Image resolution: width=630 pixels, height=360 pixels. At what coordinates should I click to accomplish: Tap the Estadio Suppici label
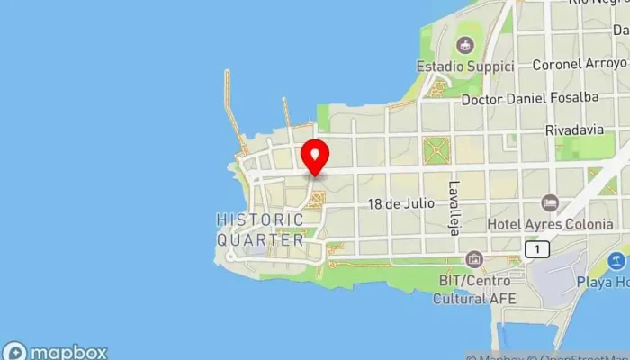[464, 67]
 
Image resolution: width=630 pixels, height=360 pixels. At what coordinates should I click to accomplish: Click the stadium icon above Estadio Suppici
[464, 44]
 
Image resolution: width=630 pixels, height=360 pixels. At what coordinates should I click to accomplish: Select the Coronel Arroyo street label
[579, 64]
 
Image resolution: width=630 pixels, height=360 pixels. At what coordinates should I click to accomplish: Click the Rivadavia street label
[572, 130]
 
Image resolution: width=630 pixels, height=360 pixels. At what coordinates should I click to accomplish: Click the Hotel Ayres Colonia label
[550, 223]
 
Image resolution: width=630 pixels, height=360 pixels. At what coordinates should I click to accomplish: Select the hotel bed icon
[550, 203]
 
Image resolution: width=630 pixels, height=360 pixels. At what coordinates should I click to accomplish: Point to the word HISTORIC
[260, 220]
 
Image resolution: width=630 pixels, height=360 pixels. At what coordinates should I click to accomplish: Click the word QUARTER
[260, 240]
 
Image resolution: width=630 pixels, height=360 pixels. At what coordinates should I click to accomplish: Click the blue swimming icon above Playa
[616, 261]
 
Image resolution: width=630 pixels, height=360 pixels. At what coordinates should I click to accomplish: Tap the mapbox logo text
[68, 352]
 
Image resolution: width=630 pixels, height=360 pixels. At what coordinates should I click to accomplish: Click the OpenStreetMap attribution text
[576, 355]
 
